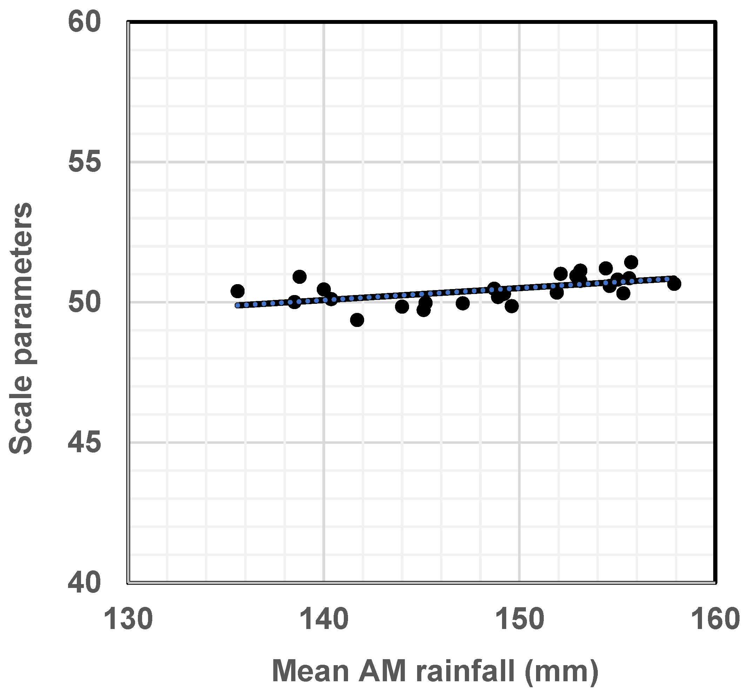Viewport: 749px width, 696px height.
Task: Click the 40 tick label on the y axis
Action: coord(85,583)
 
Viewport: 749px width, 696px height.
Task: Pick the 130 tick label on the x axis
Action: coord(128,620)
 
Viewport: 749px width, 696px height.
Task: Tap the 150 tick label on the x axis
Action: coord(520,620)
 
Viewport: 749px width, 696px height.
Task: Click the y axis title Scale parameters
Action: coord(21,328)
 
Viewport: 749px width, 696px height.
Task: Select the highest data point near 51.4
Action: coord(631,262)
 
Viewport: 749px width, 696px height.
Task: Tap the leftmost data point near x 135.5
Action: coord(237,291)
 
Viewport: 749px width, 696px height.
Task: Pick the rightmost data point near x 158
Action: coord(674,283)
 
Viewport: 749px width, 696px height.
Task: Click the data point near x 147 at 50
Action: coord(463,303)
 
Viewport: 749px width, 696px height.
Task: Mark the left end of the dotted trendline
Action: coord(237,305)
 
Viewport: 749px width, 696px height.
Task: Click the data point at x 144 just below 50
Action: coord(402,307)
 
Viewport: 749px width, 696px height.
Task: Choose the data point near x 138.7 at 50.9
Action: coord(299,277)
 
